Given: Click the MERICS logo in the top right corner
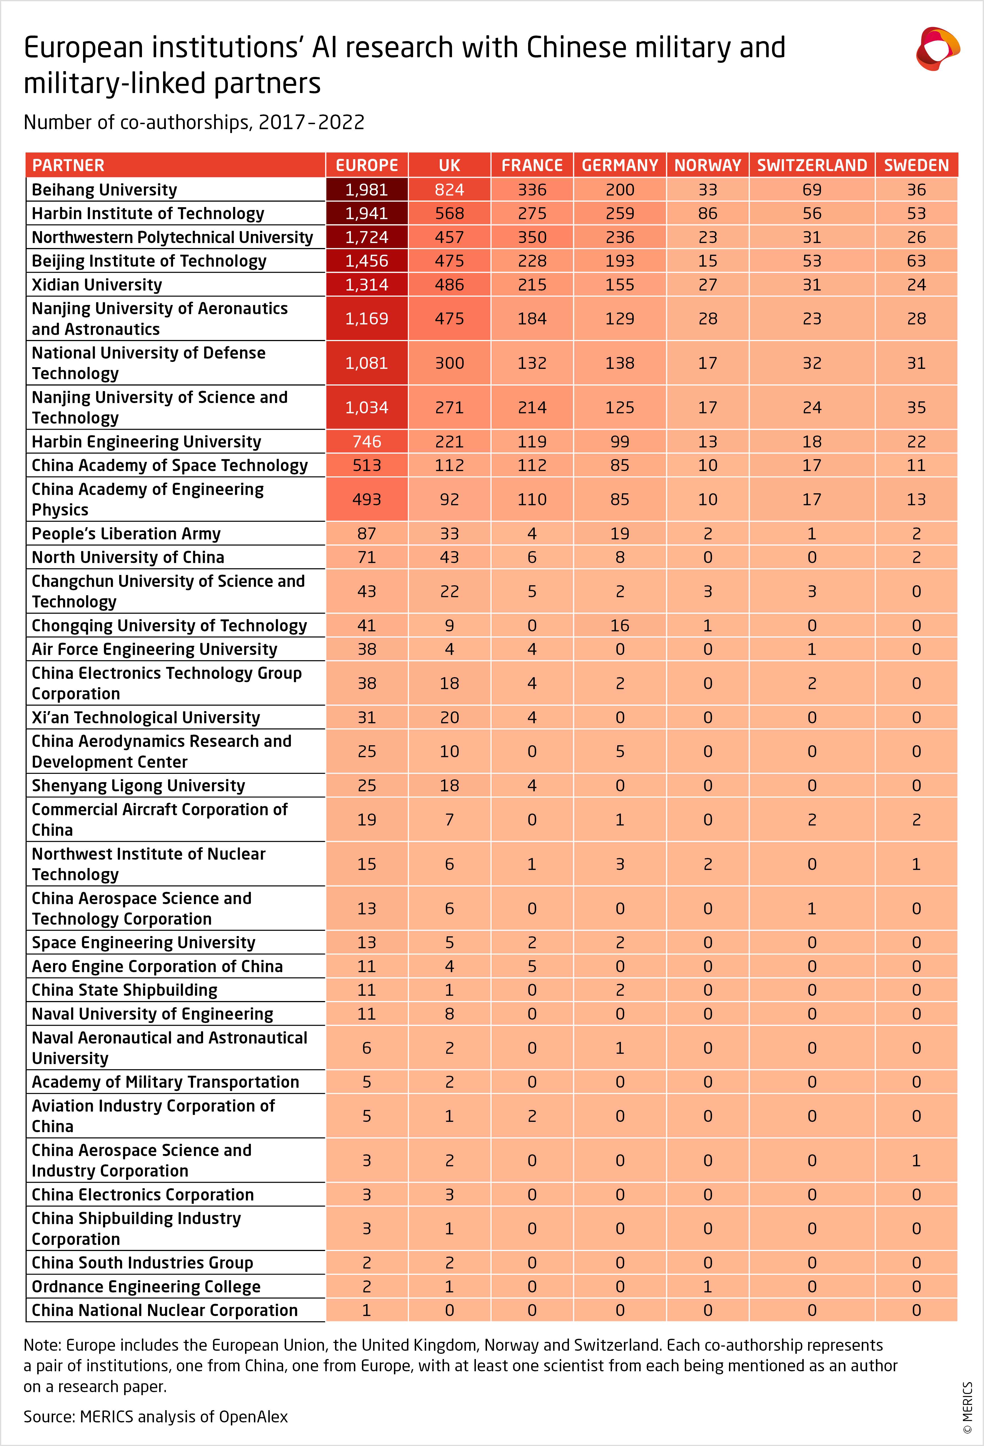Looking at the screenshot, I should coord(937,49).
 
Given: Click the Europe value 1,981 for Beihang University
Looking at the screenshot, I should coord(367,190).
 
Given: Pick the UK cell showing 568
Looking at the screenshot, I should coord(449,213).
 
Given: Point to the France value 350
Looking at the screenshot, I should coord(532,237).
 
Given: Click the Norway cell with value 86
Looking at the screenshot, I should coord(708,213).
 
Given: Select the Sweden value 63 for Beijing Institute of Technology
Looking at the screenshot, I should coord(916,261).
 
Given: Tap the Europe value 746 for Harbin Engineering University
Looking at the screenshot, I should coord(367,442).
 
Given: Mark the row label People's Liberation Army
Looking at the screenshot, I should coord(126,534).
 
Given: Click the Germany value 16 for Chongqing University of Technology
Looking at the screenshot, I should coord(620,625).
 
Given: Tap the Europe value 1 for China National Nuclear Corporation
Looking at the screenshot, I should coord(367,1310).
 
